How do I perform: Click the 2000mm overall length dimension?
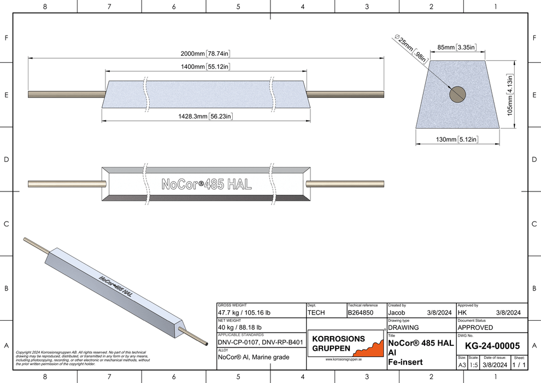(x=205, y=54)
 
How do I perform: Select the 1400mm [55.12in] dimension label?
(x=205, y=67)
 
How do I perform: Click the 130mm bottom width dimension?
(x=457, y=140)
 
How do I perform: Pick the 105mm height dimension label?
(x=509, y=94)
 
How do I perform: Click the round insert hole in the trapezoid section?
(x=457, y=94)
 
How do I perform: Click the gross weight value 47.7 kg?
(x=244, y=313)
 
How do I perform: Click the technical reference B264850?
(x=361, y=313)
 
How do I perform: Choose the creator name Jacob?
(x=397, y=313)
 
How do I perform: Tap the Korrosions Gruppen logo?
(x=345, y=343)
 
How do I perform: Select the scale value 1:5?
(x=473, y=365)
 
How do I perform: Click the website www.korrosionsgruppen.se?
(x=343, y=359)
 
